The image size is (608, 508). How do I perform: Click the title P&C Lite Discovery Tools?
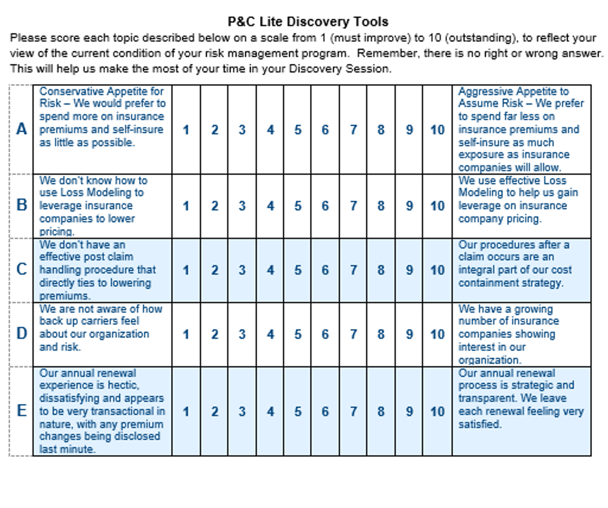(x=308, y=22)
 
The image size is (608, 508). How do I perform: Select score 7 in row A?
(x=353, y=130)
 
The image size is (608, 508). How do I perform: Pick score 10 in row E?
(x=437, y=411)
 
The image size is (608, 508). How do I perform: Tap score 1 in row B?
(x=186, y=206)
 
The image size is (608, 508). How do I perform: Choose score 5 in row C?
(x=297, y=270)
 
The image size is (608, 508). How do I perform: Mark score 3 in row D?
(x=242, y=334)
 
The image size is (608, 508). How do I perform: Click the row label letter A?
(x=22, y=129)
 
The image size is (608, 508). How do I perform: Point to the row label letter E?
(x=22, y=411)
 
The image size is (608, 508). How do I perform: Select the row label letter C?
(x=22, y=270)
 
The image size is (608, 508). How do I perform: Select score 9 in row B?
(x=409, y=206)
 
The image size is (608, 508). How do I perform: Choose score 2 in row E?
(x=215, y=411)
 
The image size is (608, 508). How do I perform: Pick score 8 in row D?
(x=381, y=334)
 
